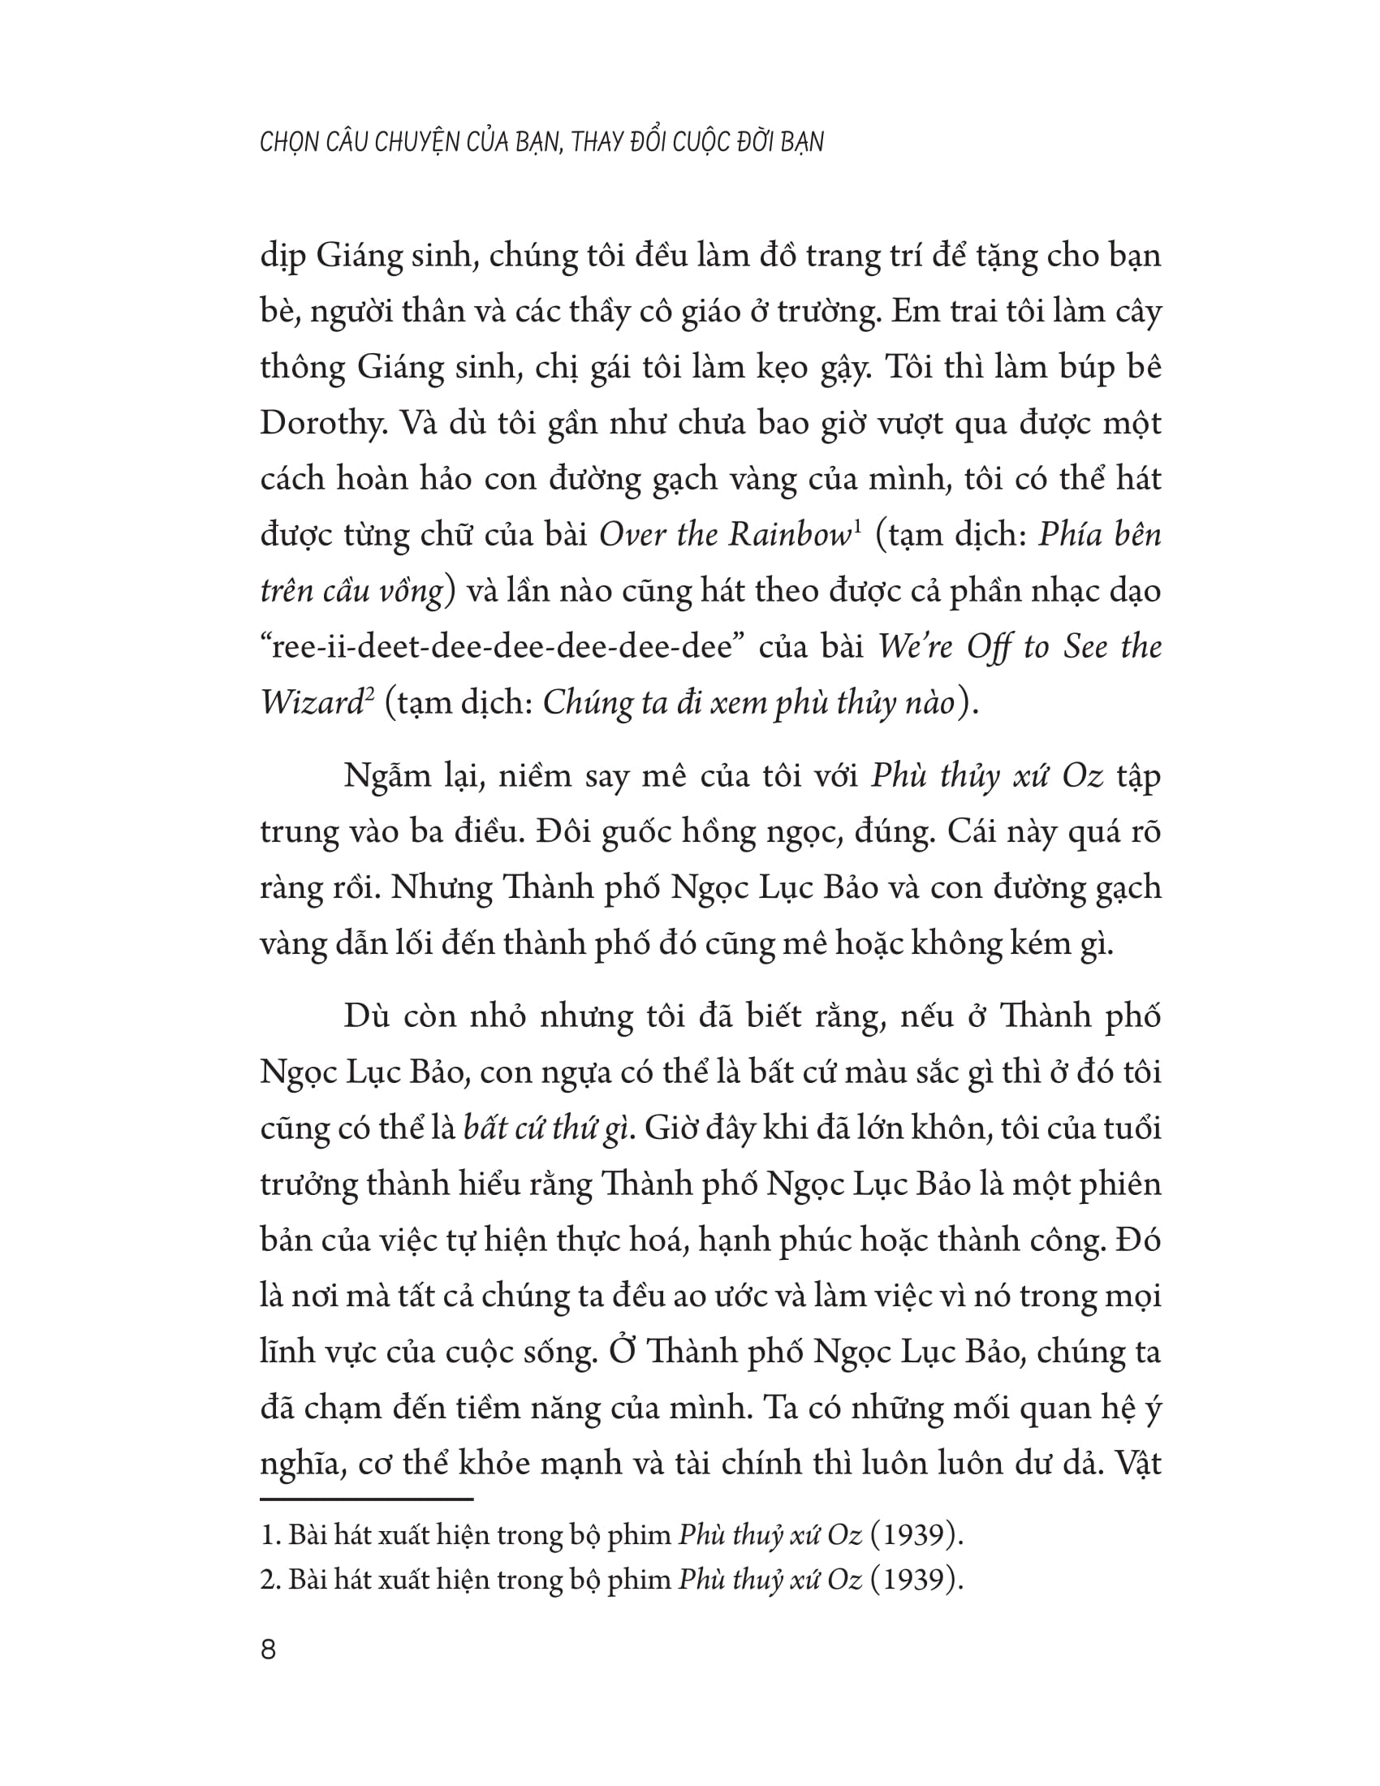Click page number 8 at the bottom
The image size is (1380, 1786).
(x=268, y=1650)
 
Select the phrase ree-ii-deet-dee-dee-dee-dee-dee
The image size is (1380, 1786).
(x=500, y=648)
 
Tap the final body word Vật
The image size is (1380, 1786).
(x=1136, y=1462)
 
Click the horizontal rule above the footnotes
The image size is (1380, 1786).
(x=366, y=1499)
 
